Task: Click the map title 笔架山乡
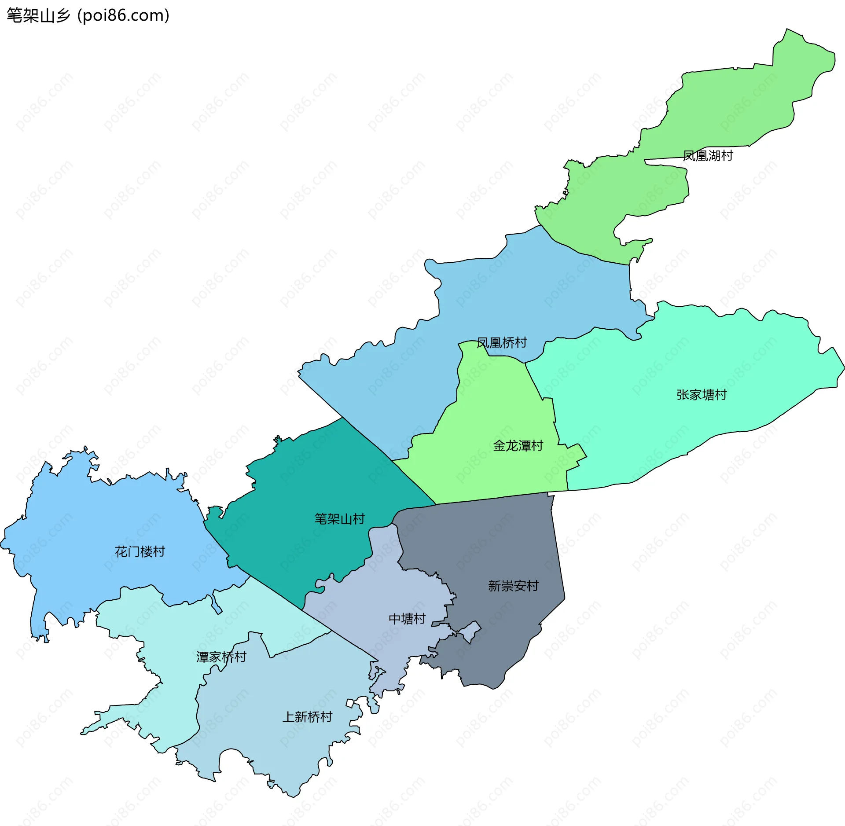coord(38,16)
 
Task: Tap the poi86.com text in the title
coord(123,16)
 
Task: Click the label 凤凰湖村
coord(708,156)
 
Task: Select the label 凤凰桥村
coord(502,343)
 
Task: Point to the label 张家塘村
coord(702,395)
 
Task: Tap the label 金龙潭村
coord(518,446)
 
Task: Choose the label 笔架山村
coord(339,519)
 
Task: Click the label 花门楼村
coord(140,552)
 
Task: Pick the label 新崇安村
coord(513,586)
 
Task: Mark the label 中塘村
coord(407,619)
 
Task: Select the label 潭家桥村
coord(221,657)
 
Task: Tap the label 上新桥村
coord(307,717)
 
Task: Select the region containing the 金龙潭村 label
coord(493,405)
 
